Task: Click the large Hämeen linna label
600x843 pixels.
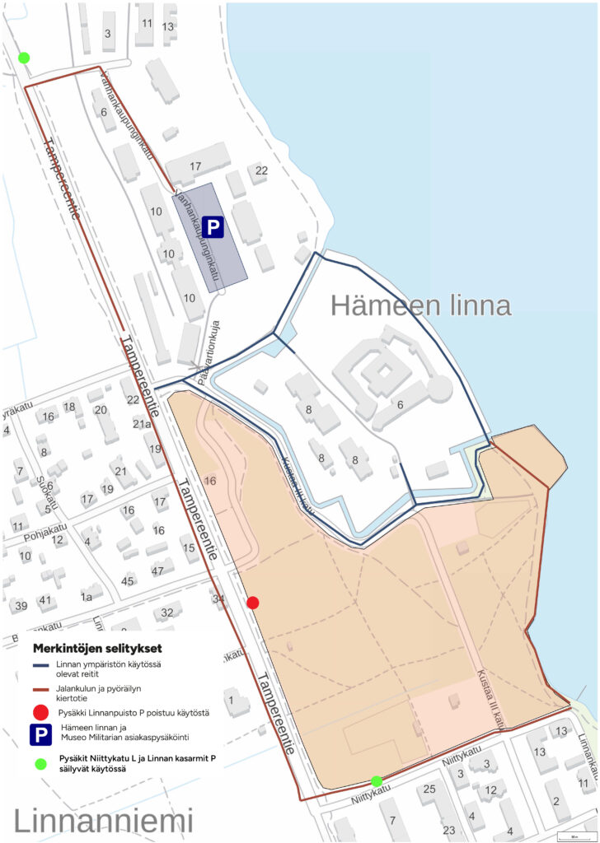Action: (x=420, y=305)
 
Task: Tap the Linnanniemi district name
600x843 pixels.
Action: (x=103, y=820)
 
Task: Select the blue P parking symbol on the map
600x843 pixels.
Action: (x=214, y=228)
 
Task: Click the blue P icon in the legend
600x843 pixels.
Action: (x=39, y=735)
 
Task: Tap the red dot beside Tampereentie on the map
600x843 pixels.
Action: (x=253, y=603)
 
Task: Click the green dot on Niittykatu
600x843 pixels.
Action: (x=377, y=780)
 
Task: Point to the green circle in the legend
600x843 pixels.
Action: (x=39, y=763)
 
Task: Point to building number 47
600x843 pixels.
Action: (x=158, y=571)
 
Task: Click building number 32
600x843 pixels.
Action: (x=167, y=612)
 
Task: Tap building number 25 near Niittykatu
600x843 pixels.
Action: (x=429, y=789)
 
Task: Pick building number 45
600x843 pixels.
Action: (x=128, y=581)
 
